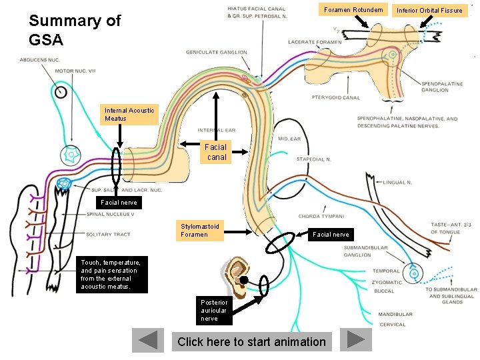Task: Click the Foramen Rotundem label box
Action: pyautogui.click(x=353, y=10)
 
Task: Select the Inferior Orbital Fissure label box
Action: pyautogui.click(x=429, y=10)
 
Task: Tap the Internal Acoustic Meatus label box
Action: pyautogui.click(x=129, y=115)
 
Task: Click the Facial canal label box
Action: pyautogui.click(x=216, y=152)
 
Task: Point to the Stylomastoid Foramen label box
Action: pyautogui.click(x=200, y=231)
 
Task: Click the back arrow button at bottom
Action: pyautogui.click(x=148, y=340)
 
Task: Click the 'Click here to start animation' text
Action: pyautogui.click(x=252, y=342)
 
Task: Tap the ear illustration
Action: pyautogui.click(x=237, y=275)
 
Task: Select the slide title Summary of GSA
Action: pyautogui.click(x=75, y=30)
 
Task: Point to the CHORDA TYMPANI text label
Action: pyautogui.click(x=321, y=216)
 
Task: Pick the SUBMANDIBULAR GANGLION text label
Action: pyautogui.click(x=367, y=251)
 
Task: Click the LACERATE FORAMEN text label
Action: pyautogui.click(x=315, y=42)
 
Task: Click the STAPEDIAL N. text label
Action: pyautogui.click(x=314, y=160)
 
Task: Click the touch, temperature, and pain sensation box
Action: pyautogui.click(x=109, y=275)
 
